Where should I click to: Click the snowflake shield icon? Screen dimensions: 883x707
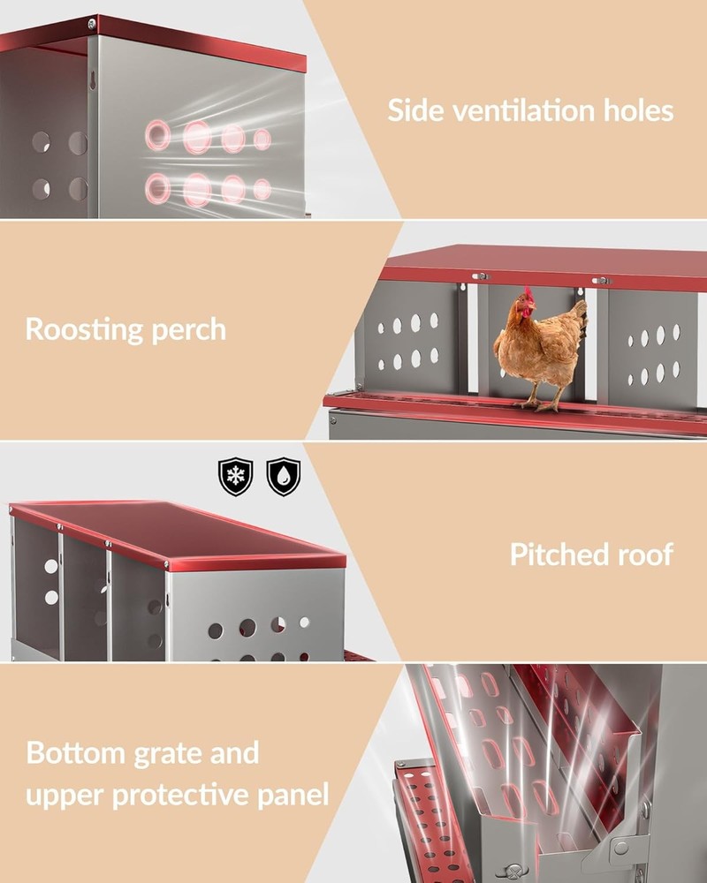pos(235,477)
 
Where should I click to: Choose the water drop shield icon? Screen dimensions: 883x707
pos(283,477)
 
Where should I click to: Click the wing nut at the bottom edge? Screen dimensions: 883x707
pos(513,873)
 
